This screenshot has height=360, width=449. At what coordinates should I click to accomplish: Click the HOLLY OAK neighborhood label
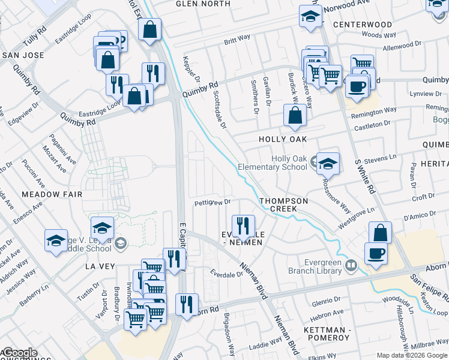282,139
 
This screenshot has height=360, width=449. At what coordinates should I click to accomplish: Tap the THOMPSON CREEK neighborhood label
284,205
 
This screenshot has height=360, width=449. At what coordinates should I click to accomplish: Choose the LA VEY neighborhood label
99,266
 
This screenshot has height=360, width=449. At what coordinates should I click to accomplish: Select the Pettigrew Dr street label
212,203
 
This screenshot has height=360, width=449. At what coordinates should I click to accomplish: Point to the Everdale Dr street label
224,274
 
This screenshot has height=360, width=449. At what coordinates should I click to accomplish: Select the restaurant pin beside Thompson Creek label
243,226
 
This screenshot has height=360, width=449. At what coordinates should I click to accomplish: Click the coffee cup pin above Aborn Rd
376,253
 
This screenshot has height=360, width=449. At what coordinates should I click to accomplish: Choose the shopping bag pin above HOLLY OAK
294,115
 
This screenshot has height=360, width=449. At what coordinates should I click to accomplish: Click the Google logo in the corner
19,353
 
